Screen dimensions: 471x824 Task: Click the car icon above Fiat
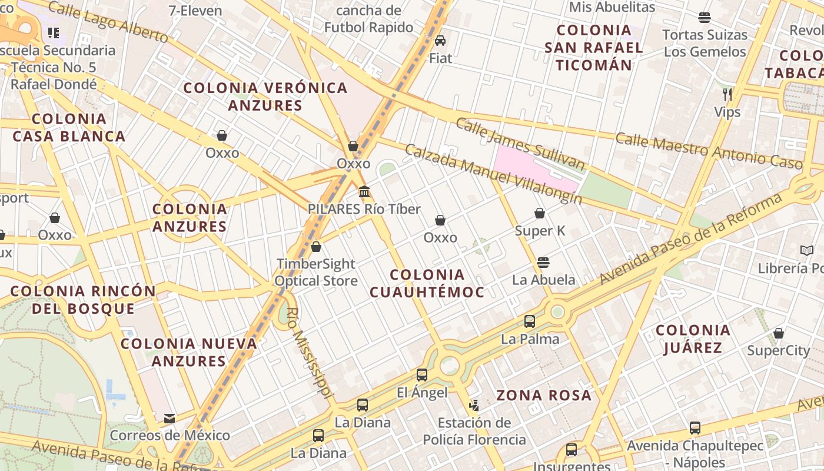440,41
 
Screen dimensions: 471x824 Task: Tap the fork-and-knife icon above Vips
727,94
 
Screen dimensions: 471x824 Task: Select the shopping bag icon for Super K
540,213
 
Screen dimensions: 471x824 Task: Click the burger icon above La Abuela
543,262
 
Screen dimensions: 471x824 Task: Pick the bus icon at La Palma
530,321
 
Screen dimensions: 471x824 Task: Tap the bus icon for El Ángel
421,375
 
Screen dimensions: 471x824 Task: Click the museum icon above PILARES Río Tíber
364,192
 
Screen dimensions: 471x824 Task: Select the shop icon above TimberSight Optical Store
316,247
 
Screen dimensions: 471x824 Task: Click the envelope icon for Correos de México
170,418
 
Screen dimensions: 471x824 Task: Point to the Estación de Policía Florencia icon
474,405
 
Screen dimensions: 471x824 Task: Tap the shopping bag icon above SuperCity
779,333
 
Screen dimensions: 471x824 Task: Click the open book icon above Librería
807,251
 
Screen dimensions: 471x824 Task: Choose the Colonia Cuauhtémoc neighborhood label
427,283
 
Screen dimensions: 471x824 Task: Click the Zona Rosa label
544,395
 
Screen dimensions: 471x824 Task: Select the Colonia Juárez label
693,339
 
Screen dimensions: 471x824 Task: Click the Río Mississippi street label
310,353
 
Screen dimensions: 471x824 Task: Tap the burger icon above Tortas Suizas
705,18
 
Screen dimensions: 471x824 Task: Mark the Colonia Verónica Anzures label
265,97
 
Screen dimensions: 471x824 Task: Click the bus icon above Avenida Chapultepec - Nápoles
695,428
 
